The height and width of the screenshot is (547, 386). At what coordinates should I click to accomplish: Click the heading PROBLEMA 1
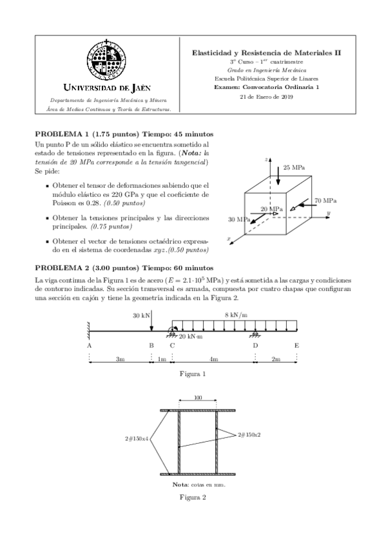coord(64,134)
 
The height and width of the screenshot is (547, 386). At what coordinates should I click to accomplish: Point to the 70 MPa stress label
coord(325,201)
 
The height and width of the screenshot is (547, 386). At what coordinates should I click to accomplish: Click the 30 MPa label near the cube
coord(238,220)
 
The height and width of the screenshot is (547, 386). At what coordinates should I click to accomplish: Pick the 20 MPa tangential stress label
coord(271,210)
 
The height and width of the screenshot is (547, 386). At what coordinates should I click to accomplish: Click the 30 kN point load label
coord(140,315)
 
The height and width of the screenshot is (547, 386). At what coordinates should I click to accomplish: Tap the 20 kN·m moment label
coord(191,337)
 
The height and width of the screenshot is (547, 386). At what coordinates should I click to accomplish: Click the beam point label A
coord(89,345)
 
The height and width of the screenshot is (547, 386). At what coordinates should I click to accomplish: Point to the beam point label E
coord(296,345)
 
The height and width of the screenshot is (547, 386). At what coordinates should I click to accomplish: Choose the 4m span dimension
coord(214,359)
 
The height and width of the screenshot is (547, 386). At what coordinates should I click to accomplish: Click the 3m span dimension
coord(120,359)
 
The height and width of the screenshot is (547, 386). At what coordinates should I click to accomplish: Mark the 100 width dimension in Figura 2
coord(197,398)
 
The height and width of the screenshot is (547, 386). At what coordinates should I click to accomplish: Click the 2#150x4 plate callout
coord(137,438)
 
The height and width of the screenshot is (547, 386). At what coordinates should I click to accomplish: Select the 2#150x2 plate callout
coord(249,434)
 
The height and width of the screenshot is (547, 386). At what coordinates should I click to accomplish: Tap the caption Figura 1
coord(194,373)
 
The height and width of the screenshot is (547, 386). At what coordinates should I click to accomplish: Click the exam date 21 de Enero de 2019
coord(266,97)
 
